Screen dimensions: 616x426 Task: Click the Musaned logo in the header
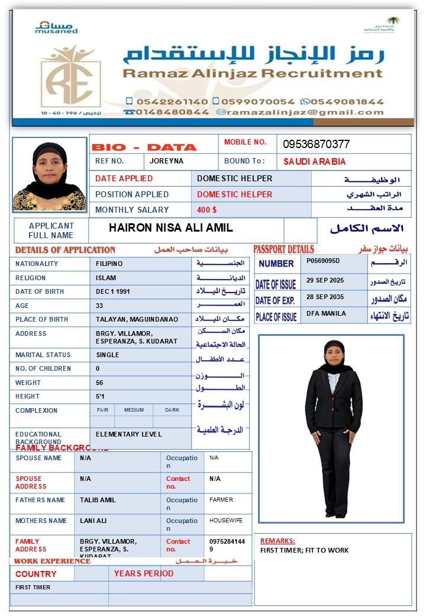(56, 27)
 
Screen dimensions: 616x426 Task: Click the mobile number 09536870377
(316, 144)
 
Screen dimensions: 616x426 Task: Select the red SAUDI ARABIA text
(314, 162)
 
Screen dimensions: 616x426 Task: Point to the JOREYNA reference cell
(167, 161)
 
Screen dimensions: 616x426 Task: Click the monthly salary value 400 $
(207, 210)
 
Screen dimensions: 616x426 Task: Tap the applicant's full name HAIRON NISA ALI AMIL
(171, 228)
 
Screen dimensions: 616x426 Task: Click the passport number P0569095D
(323, 261)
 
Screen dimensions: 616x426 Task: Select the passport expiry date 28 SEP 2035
(325, 296)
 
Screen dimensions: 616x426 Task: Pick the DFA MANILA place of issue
(326, 313)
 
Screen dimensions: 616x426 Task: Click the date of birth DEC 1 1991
(113, 292)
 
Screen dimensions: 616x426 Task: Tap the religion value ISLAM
(106, 278)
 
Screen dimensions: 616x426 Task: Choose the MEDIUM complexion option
(134, 410)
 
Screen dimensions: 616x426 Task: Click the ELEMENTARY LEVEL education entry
(128, 434)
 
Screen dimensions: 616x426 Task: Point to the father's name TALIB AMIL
(98, 500)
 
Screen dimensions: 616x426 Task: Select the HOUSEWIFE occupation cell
(226, 520)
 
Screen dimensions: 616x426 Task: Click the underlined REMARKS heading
(277, 541)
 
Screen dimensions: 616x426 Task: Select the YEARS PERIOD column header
(144, 573)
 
